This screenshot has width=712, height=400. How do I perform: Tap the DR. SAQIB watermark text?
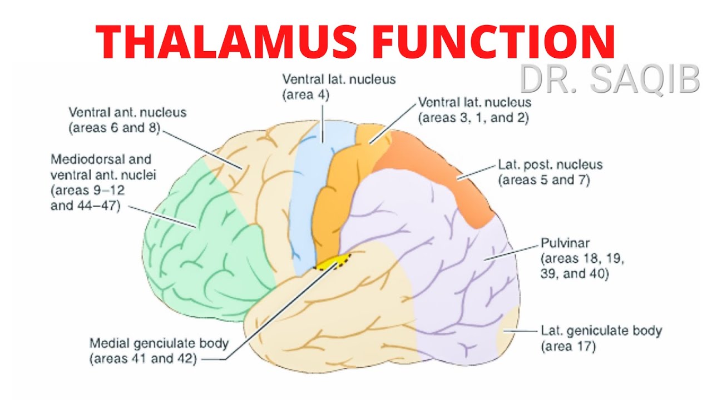[x=609, y=79]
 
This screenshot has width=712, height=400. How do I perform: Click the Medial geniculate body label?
[x=159, y=343]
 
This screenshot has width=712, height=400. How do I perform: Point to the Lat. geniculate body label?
[x=601, y=331]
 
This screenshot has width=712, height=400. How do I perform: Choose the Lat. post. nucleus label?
[x=550, y=165]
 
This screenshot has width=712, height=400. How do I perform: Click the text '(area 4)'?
[x=306, y=94]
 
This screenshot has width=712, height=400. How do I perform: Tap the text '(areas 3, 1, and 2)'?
[x=473, y=117]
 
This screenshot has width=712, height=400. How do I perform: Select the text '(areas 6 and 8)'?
[x=113, y=128]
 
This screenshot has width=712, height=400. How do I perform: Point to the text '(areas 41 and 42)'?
[x=144, y=359]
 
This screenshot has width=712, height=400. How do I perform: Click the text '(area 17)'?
[x=568, y=347]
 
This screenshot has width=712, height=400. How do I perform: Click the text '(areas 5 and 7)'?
[x=543, y=180]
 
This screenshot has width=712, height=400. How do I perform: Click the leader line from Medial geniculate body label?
[x=278, y=311]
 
